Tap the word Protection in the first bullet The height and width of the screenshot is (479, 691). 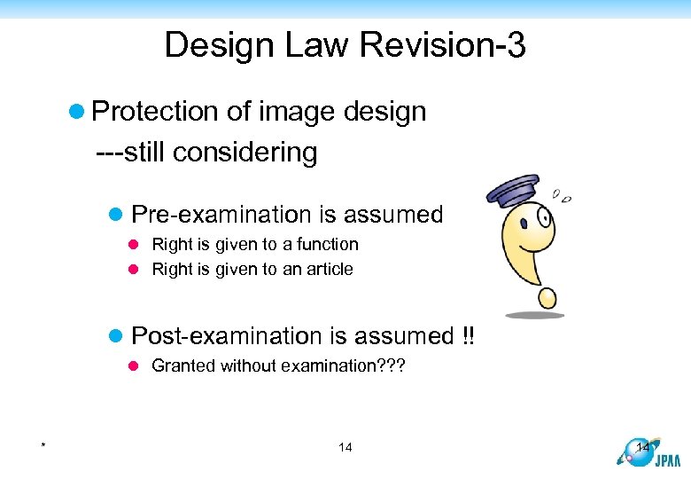click(156, 112)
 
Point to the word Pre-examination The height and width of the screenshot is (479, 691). click(218, 215)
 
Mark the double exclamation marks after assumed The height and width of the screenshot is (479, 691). click(468, 336)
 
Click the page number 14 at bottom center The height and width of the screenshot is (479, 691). click(345, 447)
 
